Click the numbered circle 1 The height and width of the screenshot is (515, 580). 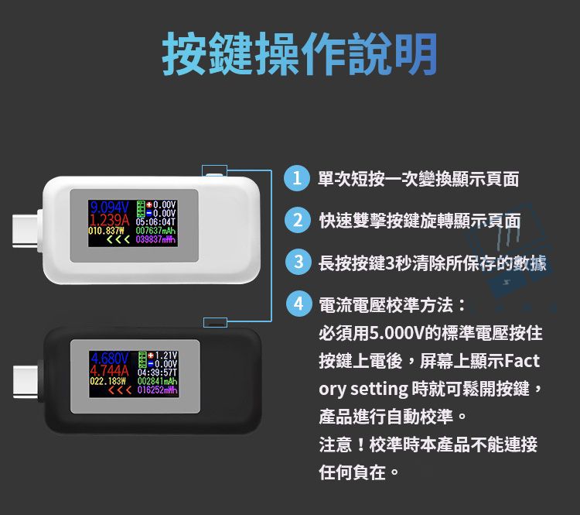(x=297, y=179)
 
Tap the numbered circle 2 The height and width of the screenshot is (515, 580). (x=297, y=220)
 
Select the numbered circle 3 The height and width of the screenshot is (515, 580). (x=297, y=262)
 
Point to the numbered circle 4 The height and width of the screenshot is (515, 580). (x=297, y=303)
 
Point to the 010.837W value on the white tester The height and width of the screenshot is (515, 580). (x=107, y=230)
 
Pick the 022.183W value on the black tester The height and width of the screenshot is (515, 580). (x=107, y=381)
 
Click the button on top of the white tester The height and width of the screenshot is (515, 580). (x=215, y=175)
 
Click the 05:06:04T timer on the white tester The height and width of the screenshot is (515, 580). (x=157, y=219)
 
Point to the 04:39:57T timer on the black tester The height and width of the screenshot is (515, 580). (x=157, y=371)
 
